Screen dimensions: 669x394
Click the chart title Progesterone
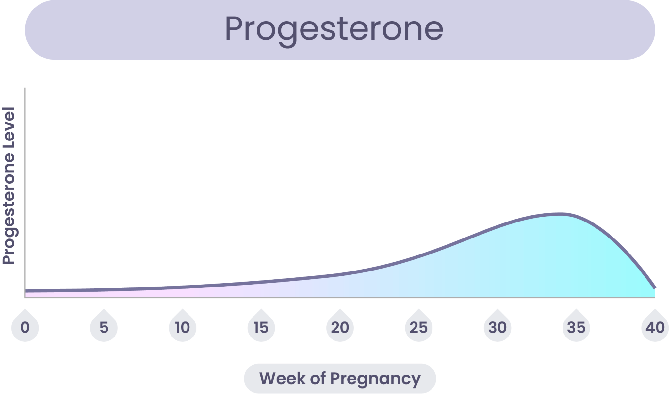pyautogui.click(x=334, y=30)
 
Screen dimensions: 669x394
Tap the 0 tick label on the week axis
pyautogui.click(x=25, y=327)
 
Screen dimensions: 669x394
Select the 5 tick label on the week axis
pyautogui.click(x=104, y=327)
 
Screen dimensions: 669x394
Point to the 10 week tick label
pyautogui.click(x=182, y=327)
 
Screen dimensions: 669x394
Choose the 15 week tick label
pyautogui.click(x=261, y=327)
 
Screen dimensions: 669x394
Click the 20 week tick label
pyautogui.click(x=340, y=327)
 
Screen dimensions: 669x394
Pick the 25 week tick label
pyautogui.click(x=418, y=327)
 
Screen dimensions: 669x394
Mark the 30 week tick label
pyautogui.click(x=498, y=327)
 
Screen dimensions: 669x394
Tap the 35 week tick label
pyautogui.click(x=576, y=327)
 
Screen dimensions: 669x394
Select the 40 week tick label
pyautogui.click(x=655, y=327)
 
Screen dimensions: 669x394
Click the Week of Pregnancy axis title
pyautogui.click(x=340, y=379)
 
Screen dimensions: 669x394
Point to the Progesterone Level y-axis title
pyautogui.click(x=9, y=186)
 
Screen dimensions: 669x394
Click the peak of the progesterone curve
pyautogui.click(x=561, y=214)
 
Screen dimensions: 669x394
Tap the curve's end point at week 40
pyautogui.click(x=655, y=288)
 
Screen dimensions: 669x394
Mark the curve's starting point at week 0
pyautogui.click(x=26, y=291)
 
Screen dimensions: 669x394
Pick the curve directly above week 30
pyautogui.click(x=498, y=226)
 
